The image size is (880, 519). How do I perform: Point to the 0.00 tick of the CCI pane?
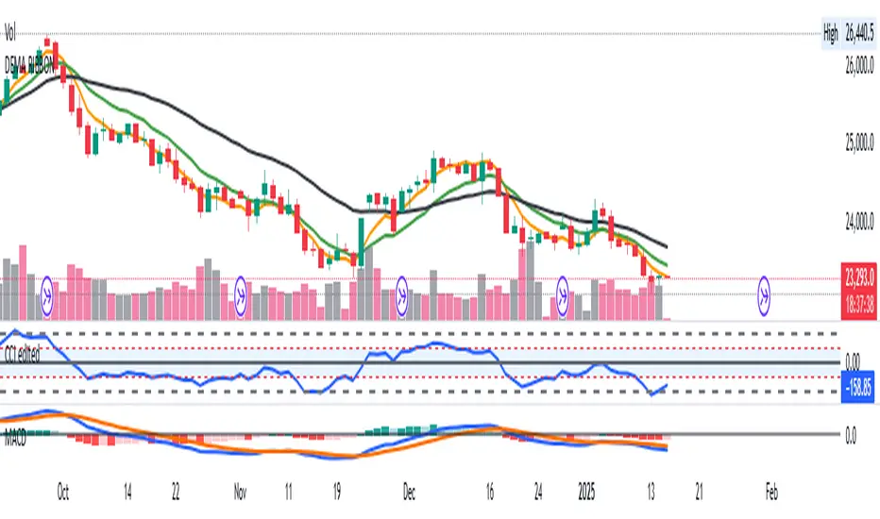[854, 361]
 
